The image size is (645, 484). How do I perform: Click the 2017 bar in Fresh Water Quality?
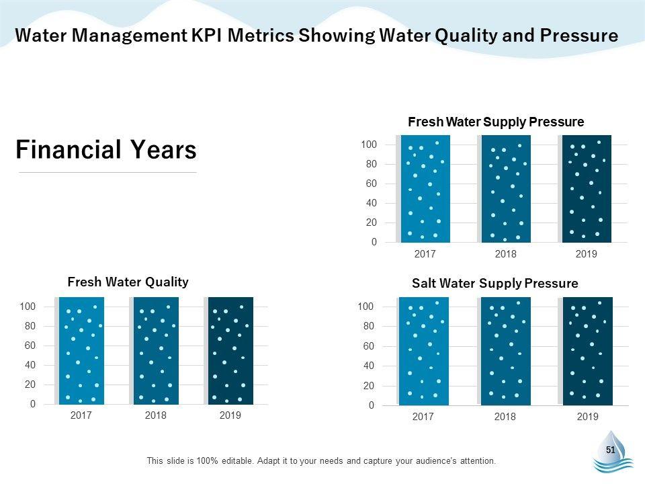(81, 350)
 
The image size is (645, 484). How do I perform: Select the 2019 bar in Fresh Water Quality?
(230, 350)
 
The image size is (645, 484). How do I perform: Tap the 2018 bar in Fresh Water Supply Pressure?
(506, 188)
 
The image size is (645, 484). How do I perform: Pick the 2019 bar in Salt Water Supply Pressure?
(587, 351)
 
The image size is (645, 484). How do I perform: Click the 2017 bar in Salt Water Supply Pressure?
(423, 351)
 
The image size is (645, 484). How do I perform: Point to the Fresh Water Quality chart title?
(128, 282)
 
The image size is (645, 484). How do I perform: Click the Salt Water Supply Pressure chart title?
(494, 283)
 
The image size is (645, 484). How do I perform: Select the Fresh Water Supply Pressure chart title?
(496, 122)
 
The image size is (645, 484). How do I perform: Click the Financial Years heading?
(106, 150)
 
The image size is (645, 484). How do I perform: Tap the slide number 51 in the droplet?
(611, 450)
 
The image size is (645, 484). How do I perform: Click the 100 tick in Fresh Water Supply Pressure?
(369, 145)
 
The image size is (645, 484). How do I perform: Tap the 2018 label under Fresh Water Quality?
(155, 415)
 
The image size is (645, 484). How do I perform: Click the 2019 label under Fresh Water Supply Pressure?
(587, 254)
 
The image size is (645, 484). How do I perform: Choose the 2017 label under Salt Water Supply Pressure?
(423, 417)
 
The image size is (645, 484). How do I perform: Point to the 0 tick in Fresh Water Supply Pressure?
(374, 242)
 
